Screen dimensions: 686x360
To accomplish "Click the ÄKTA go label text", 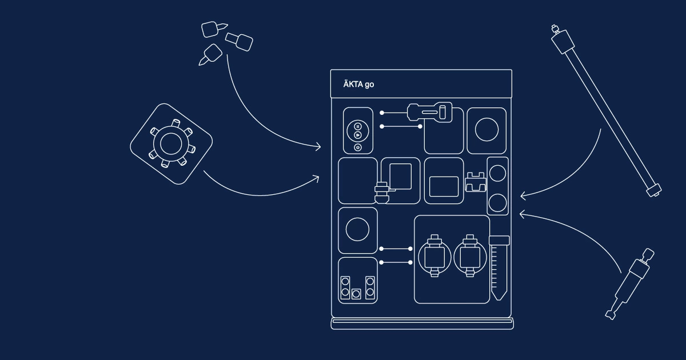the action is tap(358, 84).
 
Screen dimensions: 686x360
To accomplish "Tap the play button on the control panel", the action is tap(358, 135).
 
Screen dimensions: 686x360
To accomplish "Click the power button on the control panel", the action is tap(358, 147).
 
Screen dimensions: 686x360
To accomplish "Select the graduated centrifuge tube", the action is tap(499, 268).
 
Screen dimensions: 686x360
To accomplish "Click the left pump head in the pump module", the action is tap(434, 256).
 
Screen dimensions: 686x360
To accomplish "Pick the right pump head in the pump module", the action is tap(470, 256).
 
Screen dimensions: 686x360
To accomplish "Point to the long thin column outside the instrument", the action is tap(606, 111).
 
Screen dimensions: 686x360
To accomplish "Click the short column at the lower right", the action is tap(629, 284).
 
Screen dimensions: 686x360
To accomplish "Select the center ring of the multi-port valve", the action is tap(171, 144).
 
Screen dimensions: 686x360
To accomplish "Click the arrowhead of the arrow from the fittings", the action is tap(318, 147).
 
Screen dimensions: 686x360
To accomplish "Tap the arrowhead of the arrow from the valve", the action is tap(317, 178).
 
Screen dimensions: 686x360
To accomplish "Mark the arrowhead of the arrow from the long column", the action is tap(523, 195).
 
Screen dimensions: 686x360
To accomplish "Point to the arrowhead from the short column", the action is tap(522, 214).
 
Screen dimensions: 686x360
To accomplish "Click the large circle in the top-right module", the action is tap(486, 130).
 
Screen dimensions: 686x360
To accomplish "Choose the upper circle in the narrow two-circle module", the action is tap(498, 174).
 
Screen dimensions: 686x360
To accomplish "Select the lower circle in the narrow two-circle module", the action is tap(498, 203).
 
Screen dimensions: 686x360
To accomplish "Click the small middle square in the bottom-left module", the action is tap(356, 294).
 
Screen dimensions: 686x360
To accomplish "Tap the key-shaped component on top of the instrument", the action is tap(429, 113).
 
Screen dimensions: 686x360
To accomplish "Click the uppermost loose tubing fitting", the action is tap(214, 29).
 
